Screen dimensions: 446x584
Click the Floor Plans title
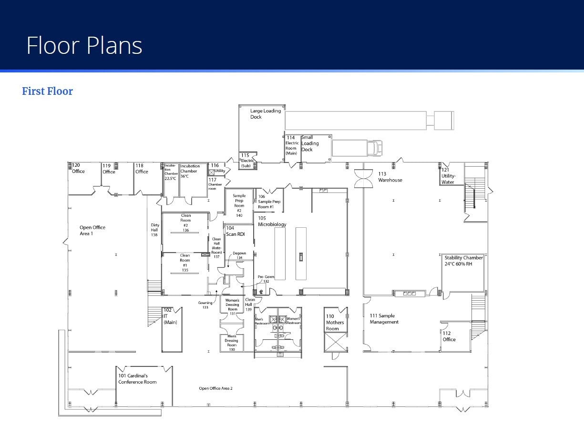pyautogui.click(x=84, y=45)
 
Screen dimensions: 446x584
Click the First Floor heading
pyautogui.click(x=48, y=91)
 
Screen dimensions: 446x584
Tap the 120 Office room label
pyautogui.click(x=78, y=168)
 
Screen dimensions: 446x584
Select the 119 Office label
pyautogui.click(x=109, y=169)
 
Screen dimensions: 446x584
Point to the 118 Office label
pyautogui.click(x=142, y=169)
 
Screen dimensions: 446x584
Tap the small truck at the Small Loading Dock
pyautogui.click(x=357, y=148)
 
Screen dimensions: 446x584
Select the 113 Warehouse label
pyautogui.click(x=390, y=177)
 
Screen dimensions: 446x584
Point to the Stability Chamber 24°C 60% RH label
pyautogui.click(x=463, y=261)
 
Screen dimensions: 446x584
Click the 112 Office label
pyautogui.click(x=449, y=336)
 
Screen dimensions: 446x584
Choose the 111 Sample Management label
pyautogui.click(x=384, y=319)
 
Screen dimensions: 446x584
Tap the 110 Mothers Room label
pyautogui.click(x=335, y=322)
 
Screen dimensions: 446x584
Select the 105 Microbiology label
pyautogui.click(x=272, y=221)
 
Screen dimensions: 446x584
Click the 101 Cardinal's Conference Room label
pyautogui.click(x=137, y=379)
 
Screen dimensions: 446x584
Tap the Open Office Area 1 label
pyautogui.click(x=92, y=230)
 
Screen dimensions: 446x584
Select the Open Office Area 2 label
pyautogui.click(x=215, y=388)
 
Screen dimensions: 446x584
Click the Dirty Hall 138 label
pyautogui.click(x=154, y=230)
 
